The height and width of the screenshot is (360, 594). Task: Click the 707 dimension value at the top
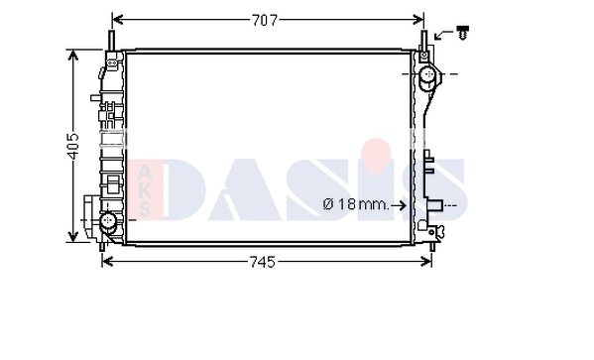pos(265,20)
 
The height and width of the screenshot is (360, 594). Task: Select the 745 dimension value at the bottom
pos(263,262)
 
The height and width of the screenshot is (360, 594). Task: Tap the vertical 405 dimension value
pos(72,146)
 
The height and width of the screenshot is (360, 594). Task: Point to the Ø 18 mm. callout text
pos(356,205)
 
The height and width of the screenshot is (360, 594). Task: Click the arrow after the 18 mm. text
pos(399,205)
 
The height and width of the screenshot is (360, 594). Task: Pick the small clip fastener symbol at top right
pos(462,33)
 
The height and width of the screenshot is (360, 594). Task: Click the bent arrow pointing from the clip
pos(443,34)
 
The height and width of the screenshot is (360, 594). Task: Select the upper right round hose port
pos(428,74)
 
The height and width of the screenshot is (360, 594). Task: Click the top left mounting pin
pos(112,41)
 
